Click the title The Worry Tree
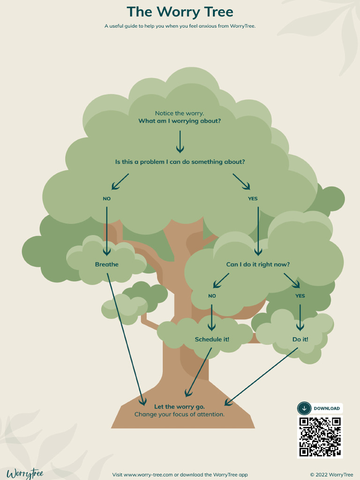tap(180, 12)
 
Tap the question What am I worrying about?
tap(180, 121)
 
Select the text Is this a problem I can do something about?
tap(180, 162)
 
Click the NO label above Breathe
tap(107, 199)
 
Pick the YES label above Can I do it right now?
tap(253, 199)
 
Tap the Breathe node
tap(107, 264)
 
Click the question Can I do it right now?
tap(258, 264)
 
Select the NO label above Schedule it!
tap(212, 296)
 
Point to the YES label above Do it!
tap(300, 296)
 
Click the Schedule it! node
tap(212, 339)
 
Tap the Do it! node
tap(300, 339)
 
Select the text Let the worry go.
tap(180, 406)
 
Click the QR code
tap(320, 436)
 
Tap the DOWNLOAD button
tap(320, 408)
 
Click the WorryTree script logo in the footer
tap(25, 473)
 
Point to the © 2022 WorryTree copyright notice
tap(331, 474)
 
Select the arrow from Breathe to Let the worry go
tap(126, 337)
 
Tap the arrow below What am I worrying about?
tap(180, 142)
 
